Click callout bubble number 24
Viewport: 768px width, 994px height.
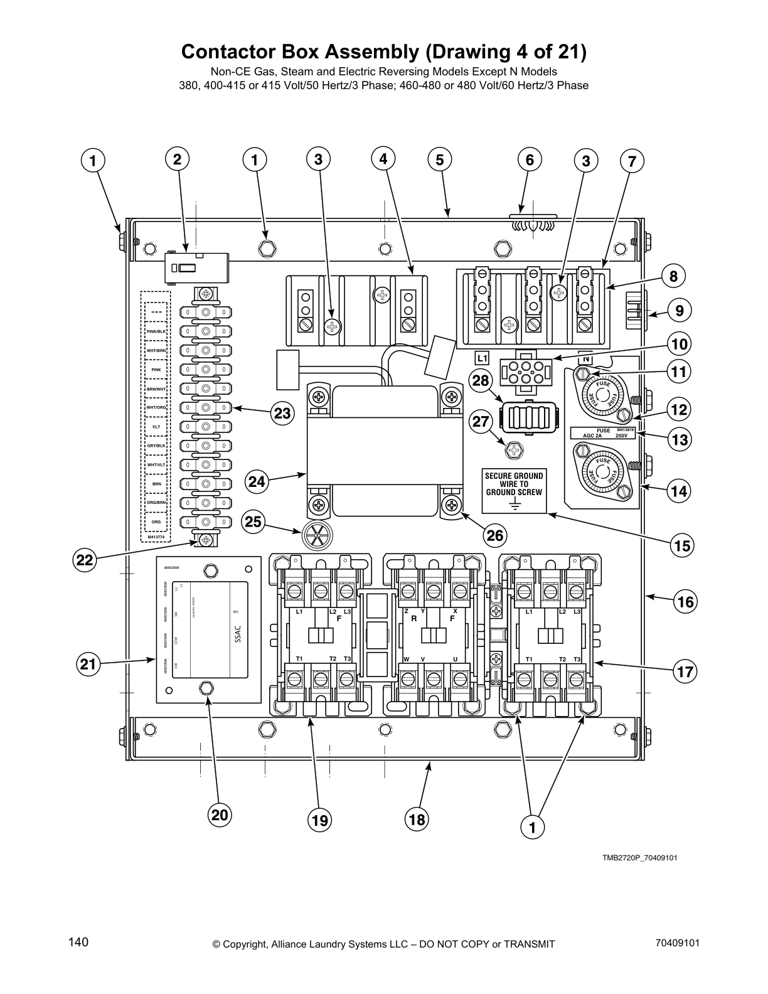256,482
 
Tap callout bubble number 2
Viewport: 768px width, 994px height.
178,159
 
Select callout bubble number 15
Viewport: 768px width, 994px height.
682,545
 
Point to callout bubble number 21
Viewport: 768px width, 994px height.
89,664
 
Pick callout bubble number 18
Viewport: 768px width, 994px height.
417,819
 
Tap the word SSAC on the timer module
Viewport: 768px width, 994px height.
237,635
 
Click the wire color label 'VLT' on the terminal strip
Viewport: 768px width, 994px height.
156,426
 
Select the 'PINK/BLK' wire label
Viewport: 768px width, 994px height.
156,331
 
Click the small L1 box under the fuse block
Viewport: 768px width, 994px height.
481,358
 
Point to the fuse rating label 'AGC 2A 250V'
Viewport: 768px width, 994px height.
603,433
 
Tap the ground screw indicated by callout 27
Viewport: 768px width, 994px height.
514,449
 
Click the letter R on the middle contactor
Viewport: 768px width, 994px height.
414,618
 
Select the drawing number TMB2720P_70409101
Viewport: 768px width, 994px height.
639,858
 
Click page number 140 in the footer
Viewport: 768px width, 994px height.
78,942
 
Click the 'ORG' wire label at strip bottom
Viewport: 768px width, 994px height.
156,521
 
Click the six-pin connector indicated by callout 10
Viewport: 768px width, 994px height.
523,371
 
